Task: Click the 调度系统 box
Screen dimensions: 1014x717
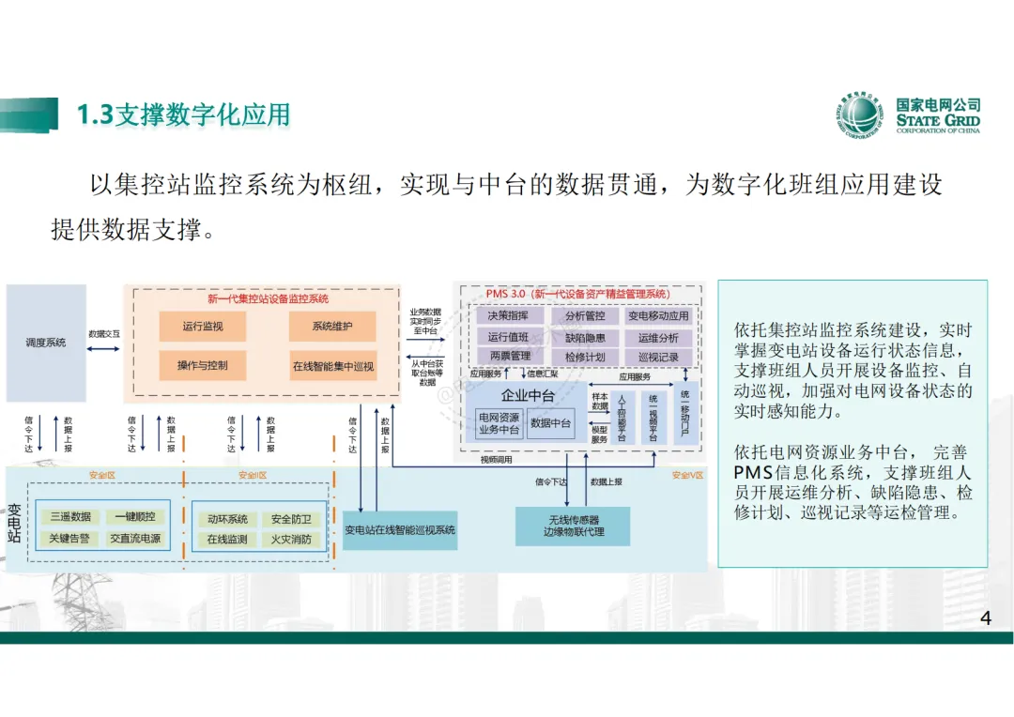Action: (46, 343)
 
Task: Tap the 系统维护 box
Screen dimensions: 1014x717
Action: (332, 327)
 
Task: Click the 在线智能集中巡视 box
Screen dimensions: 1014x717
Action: (332, 365)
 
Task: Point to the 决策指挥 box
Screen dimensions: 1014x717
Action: (508, 316)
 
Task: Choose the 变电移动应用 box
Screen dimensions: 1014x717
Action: (658, 316)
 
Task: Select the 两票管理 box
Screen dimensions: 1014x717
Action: (508, 357)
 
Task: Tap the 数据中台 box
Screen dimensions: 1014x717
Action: (551, 424)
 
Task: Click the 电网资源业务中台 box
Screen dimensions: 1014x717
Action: (499, 424)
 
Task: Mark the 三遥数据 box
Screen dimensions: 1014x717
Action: (70, 517)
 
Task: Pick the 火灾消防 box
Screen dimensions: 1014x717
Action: (291, 540)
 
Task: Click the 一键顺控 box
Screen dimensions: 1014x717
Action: (135, 517)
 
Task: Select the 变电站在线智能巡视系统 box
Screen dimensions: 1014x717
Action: (400, 530)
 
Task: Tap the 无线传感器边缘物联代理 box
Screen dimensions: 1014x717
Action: (573, 526)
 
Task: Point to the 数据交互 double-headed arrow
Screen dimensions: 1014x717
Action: (104, 349)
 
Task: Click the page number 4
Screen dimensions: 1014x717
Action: (985, 618)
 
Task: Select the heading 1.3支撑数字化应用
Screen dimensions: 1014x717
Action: (183, 114)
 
